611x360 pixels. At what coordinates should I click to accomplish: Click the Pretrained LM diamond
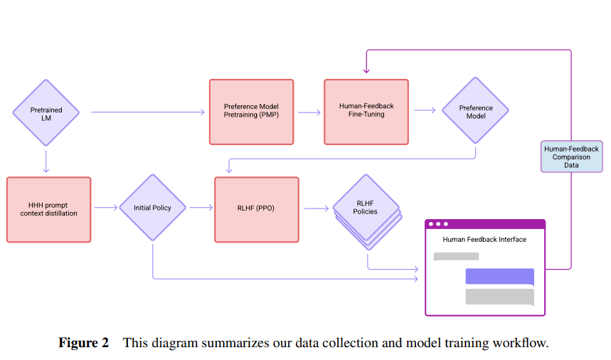coord(46,111)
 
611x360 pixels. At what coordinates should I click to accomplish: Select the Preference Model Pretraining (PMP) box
coord(251,112)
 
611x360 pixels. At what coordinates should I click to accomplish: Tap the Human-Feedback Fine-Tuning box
coord(366,112)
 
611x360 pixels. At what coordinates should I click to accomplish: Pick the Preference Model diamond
coord(476,112)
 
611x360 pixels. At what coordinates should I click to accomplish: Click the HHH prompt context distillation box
coord(49,209)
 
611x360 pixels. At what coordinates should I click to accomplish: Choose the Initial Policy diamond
coord(152,208)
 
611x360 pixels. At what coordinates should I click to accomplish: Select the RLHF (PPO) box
coord(256,208)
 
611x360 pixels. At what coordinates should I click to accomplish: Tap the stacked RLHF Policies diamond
coord(366,208)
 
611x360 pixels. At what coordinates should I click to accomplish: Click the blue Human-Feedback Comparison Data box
coord(571,157)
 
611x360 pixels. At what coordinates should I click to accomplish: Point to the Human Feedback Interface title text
coord(484,240)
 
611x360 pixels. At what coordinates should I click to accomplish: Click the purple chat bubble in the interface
coord(499,276)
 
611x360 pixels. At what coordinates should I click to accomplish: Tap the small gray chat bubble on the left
coord(456,256)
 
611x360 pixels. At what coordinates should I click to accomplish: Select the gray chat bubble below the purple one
coord(499,297)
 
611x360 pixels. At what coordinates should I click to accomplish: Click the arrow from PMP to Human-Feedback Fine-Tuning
coord(309,112)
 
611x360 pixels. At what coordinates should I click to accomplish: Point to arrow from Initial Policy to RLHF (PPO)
coord(201,208)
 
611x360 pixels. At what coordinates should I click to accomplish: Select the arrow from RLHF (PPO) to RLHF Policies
coord(317,208)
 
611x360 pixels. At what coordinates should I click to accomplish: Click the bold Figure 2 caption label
coord(83,343)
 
